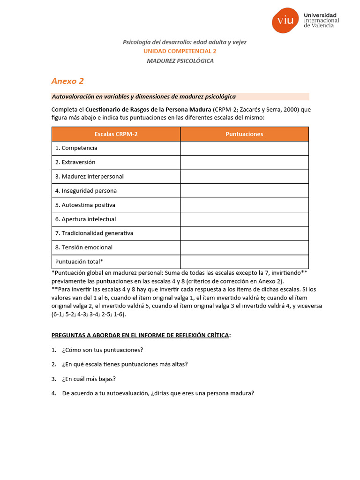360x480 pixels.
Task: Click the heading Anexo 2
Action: click(67, 81)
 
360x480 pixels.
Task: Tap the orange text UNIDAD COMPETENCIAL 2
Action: click(180, 52)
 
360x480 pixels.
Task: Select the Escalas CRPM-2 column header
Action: click(116, 134)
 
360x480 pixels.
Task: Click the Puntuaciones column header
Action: click(244, 134)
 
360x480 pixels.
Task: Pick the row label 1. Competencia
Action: click(76, 148)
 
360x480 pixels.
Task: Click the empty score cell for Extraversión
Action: click(244, 162)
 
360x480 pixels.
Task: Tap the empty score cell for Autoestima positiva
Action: click(244, 205)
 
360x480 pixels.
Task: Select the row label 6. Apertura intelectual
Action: click(85, 219)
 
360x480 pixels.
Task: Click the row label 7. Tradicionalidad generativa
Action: click(94, 233)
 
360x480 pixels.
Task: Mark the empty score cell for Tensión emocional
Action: click(244, 247)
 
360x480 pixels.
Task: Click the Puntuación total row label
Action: click(79, 262)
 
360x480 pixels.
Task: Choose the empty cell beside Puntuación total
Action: click(244, 262)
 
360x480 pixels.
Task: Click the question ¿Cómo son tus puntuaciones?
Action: click(102, 350)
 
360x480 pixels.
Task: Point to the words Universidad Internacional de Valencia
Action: click(321, 20)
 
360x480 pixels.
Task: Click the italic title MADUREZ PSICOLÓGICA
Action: click(180, 61)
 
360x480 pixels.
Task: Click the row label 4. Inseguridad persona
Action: click(86, 191)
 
